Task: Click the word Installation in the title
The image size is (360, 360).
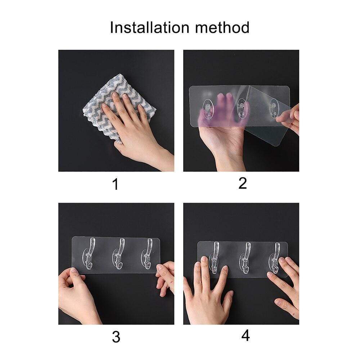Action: click(149, 28)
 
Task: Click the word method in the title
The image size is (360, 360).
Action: click(221, 28)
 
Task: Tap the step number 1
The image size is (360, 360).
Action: click(115, 185)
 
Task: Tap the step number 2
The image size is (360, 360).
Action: click(243, 183)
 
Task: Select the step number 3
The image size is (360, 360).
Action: click(116, 337)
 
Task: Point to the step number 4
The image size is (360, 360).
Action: click(245, 336)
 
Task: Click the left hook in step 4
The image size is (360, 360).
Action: click(215, 256)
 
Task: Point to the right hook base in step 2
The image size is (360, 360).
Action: click(274, 107)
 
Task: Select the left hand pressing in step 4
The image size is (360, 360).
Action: click(205, 288)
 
